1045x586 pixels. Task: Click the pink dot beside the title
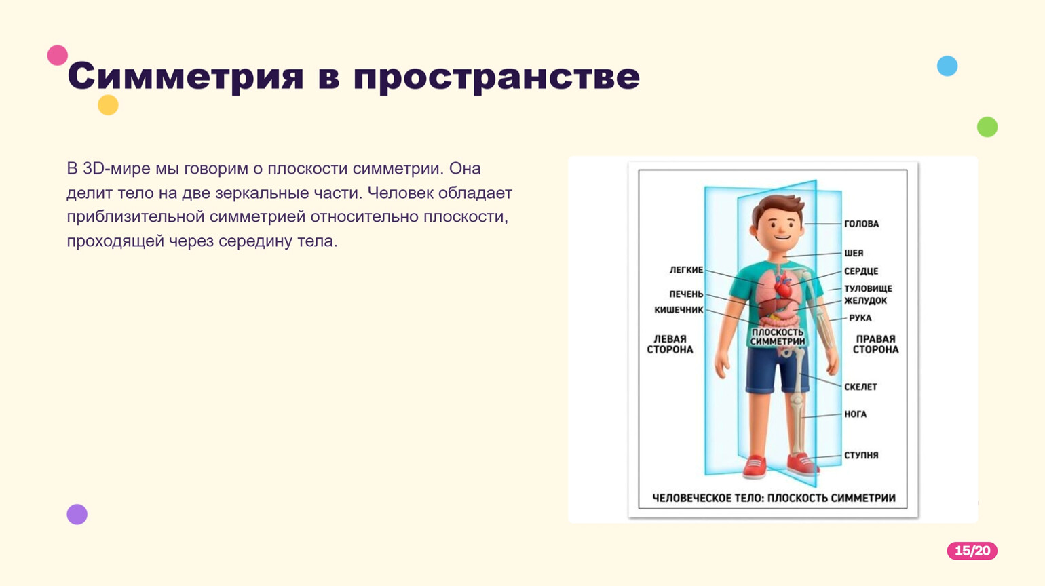(58, 56)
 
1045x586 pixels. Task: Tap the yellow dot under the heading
(108, 105)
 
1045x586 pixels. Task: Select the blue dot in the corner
(947, 66)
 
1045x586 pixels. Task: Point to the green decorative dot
(987, 127)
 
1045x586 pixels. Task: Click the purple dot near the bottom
(77, 514)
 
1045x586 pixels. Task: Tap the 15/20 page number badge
(972, 551)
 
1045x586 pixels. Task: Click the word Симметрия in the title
(186, 77)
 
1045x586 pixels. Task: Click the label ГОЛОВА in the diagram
(861, 224)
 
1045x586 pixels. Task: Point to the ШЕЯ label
(854, 253)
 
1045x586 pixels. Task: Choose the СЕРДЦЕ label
(861, 271)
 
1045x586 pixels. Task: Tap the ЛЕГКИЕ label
(686, 270)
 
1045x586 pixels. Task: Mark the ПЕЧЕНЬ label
(686, 294)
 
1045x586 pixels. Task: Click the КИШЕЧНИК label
(679, 310)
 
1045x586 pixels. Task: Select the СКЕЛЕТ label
(860, 387)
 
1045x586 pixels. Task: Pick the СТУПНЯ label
(861, 456)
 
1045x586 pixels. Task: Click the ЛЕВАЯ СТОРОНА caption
(670, 344)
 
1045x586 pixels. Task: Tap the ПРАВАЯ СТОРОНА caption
(875, 344)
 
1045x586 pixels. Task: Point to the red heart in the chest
(782, 288)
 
